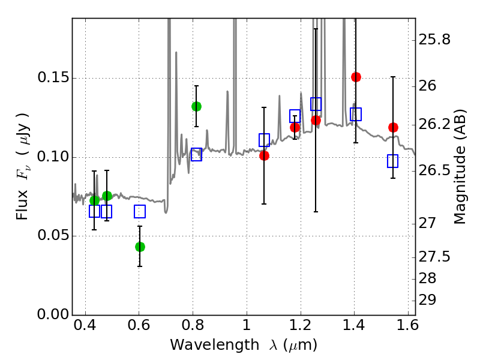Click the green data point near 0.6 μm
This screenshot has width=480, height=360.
click(x=140, y=247)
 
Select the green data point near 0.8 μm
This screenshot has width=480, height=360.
click(x=197, y=107)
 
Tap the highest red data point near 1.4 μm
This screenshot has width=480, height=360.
click(x=356, y=77)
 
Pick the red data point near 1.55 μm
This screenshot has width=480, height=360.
click(x=394, y=127)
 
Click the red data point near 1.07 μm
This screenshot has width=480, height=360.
click(x=264, y=156)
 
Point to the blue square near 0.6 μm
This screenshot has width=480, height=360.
click(x=140, y=212)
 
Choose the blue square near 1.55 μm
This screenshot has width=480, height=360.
click(x=392, y=161)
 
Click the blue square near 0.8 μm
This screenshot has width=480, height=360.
click(x=197, y=154)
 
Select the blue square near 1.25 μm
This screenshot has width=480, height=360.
click(x=316, y=104)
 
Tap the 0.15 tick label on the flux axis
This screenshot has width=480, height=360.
click(x=53, y=77)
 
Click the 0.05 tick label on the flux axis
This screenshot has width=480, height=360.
click(x=53, y=235)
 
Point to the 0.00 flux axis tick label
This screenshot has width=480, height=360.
click(x=53, y=314)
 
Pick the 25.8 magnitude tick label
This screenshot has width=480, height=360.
click(x=434, y=40)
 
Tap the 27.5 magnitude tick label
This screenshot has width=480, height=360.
click(x=434, y=256)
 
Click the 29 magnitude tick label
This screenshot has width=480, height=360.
click(x=427, y=299)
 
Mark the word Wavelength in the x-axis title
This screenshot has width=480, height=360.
click(x=215, y=344)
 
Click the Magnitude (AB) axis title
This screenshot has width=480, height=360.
click(x=459, y=167)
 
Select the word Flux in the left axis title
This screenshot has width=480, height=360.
click(x=22, y=205)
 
